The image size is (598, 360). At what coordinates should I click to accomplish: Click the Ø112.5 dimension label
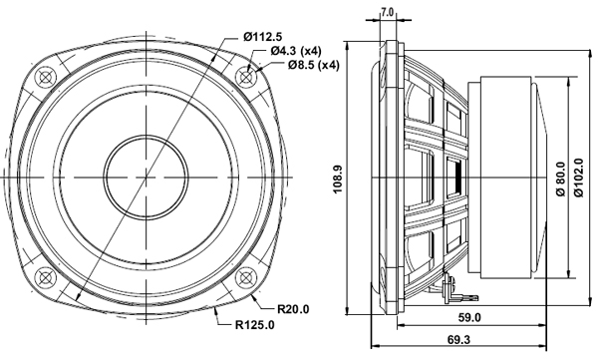click(271, 37)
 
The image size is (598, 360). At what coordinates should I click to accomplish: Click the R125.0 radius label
click(257, 326)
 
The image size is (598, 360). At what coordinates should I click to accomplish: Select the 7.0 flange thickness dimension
click(388, 13)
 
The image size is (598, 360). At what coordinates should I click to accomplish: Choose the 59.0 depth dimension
click(469, 318)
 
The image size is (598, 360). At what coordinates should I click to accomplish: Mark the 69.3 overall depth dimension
click(459, 341)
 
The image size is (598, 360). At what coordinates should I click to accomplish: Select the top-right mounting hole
click(246, 75)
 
